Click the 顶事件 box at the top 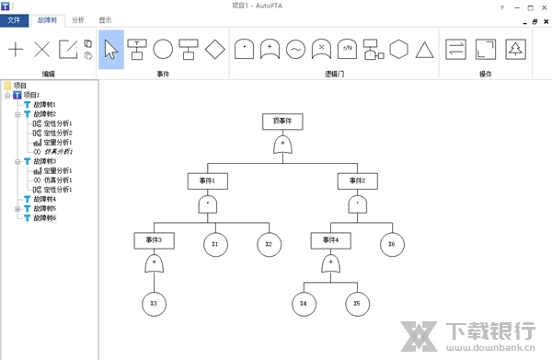(282, 120)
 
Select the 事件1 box (208, 180)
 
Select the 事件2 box (357, 180)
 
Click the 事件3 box (154, 240)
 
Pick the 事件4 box (330, 240)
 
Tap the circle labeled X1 (215, 244)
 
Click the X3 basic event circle (154, 303)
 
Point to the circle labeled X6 (392, 244)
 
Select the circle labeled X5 (357, 303)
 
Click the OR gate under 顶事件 (282, 145)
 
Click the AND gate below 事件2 (357, 204)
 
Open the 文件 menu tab (15, 18)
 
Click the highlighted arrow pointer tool (110, 49)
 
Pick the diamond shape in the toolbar (215, 49)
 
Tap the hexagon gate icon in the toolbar (398, 49)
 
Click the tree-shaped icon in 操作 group (516, 49)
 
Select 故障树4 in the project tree (45, 198)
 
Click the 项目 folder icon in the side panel (8, 85)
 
